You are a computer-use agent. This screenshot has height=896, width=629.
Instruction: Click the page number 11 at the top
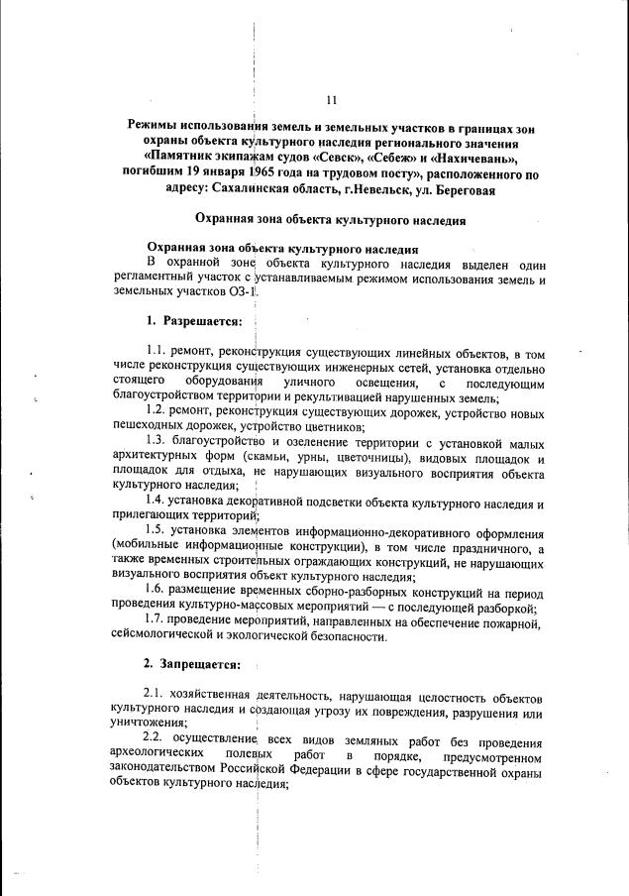pos(331,99)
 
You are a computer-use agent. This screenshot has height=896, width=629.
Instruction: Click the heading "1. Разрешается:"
pos(188,322)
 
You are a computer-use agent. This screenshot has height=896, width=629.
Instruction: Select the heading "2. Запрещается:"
pos(191,662)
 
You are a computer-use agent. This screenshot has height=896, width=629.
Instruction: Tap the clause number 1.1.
pos(158,353)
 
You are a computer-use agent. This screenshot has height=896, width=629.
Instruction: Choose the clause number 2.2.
pos(156,739)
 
